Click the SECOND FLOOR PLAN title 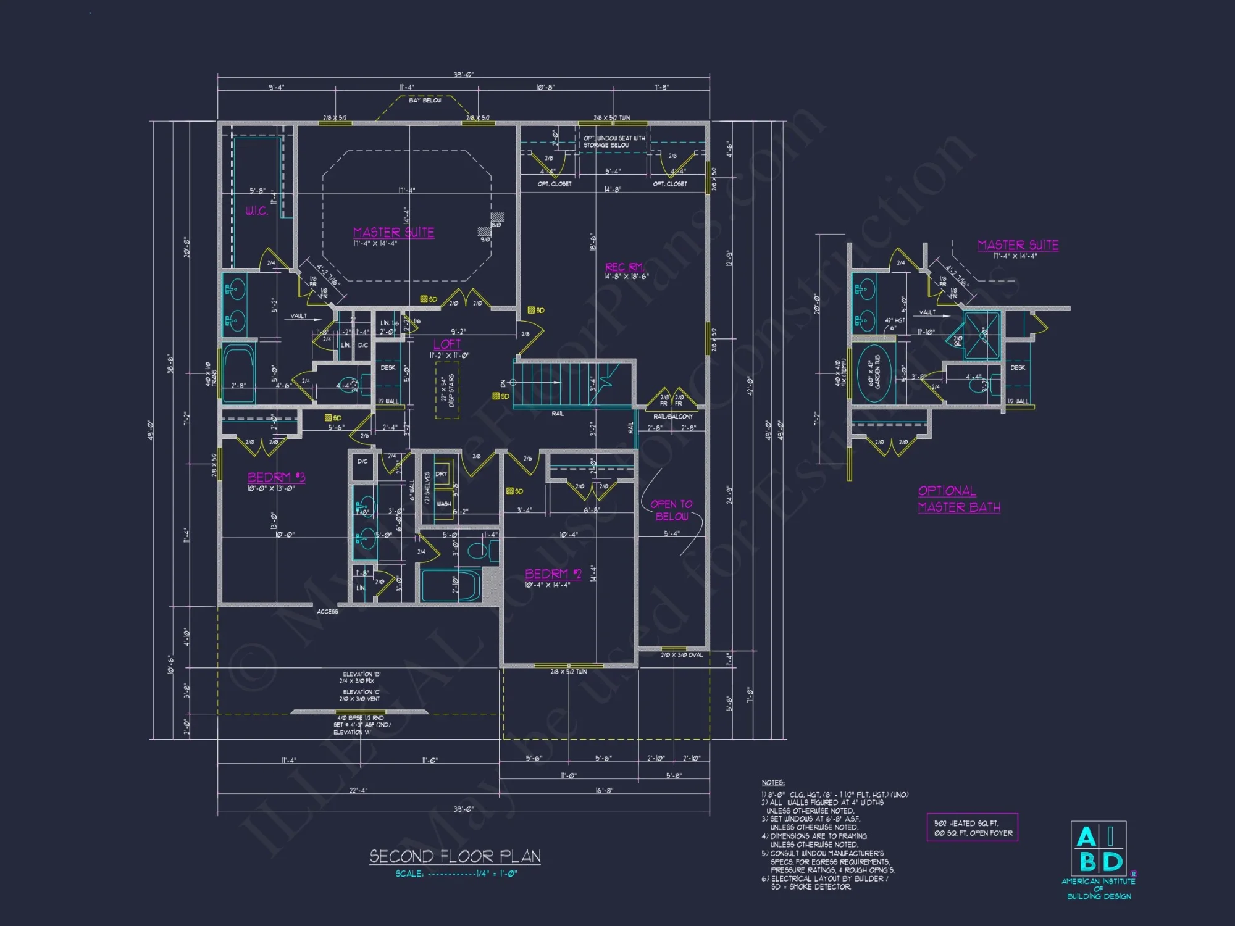tap(455, 856)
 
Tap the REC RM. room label tap(624, 267)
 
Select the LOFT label tap(447, 344)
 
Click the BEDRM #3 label tap(276, 477)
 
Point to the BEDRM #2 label tap(553, 574)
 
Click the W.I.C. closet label tap(256, 211)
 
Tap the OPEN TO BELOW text tap(671, 510)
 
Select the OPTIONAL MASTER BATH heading tap(958, 499)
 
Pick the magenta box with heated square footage tap(972, 828)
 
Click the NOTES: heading tap(772, 782)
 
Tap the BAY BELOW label tap(425, 100)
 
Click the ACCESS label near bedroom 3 tap(327, 612)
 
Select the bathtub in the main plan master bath tap(238, 373)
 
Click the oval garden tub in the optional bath tap(874, 373)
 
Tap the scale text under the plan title tap(456, 874)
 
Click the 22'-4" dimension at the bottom tap(358, 790)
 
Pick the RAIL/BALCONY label tap(672, 417)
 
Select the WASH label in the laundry tap(443, 504)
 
